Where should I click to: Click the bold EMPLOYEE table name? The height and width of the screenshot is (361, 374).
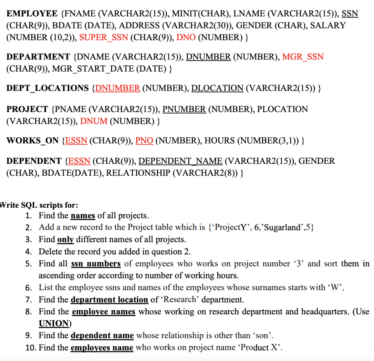[x=32, y=14]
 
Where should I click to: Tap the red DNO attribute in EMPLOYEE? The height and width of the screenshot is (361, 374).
[x=186, y=37]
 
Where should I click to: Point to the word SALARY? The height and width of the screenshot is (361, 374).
[x=328, y=26]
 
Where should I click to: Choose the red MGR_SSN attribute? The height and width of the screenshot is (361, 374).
[x=303, y=57]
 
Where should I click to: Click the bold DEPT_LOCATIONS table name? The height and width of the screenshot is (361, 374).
[x=47, y=88]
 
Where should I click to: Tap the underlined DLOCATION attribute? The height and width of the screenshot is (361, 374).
[x=217, y=88]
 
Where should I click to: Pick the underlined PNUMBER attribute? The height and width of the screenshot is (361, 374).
[x=184, y=109]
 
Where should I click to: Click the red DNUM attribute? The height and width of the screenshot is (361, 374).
[x=93, y=121]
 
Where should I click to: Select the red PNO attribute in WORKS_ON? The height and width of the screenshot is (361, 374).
[x=144, y=141]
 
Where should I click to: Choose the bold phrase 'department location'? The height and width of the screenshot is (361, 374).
[x=109, y=300]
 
